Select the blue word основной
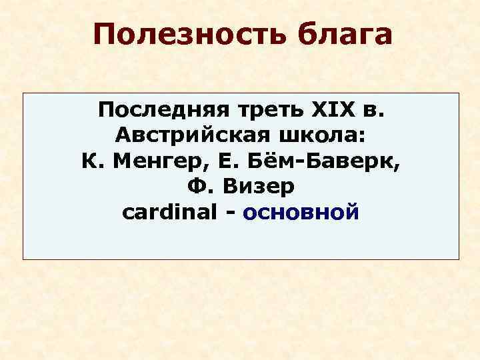coord(301,213)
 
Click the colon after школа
coord(362,137)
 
